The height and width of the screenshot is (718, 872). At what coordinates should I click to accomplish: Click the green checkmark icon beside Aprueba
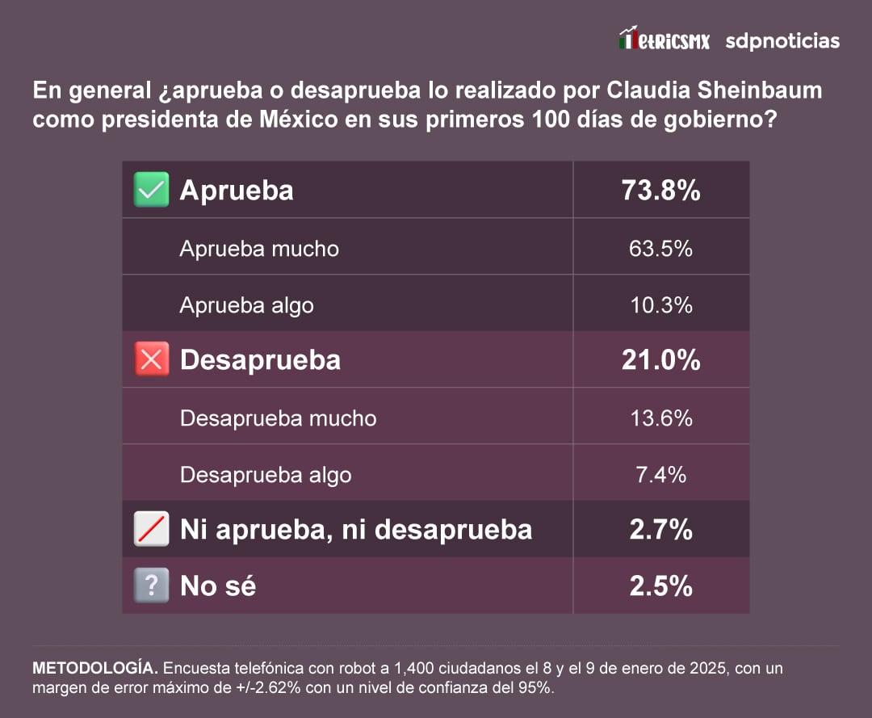click(152, 190)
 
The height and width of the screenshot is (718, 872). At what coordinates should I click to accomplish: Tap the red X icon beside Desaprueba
click(152, 359)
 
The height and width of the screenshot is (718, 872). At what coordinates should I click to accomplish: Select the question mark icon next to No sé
click(152, 586)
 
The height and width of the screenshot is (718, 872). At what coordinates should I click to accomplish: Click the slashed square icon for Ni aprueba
click(152, 529)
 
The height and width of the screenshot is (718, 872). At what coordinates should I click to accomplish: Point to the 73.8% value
click(660, 191)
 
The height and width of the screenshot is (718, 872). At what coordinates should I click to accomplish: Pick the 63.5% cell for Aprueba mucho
click(660, 248)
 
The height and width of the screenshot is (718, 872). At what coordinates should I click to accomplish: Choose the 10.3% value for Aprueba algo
click(660, 305)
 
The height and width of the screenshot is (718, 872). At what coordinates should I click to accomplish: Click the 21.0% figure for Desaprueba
click(660, 360)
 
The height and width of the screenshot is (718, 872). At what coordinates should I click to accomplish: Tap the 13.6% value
click(660, 418)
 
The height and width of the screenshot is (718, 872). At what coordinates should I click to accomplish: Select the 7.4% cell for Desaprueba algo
click(660, 475)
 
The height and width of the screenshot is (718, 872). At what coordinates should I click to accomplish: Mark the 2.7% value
click(660, 530)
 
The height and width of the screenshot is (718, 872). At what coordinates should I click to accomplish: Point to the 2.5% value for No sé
click(660, 586)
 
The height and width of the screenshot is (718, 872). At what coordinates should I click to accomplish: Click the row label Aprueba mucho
click(259, 249)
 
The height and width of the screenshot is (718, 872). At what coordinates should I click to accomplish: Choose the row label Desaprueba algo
click(266, 475)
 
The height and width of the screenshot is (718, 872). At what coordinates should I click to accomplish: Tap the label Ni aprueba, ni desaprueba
click(356, 530)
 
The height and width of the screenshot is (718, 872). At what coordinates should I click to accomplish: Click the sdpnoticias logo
click(782, 41)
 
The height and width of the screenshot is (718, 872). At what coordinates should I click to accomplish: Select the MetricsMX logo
click(664, 40)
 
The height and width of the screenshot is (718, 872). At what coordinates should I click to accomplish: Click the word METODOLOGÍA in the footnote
click(94, 669)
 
